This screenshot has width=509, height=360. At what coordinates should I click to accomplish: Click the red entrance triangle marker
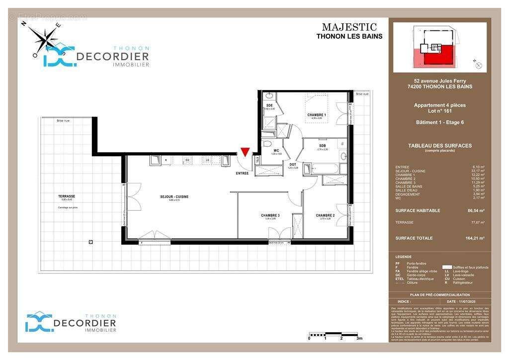click(244, 153)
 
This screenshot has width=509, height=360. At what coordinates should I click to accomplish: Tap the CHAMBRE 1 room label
click(317, 115)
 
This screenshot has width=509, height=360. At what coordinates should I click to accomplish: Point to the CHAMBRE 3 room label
click(270, 215)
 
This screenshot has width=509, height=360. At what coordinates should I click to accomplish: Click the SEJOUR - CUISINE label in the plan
click(174, 197)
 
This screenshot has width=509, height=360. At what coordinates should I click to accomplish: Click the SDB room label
click(323, 145)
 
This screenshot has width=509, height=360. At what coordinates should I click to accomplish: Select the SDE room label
click(269, 105)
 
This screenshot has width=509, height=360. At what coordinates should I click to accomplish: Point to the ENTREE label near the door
click(243, 173)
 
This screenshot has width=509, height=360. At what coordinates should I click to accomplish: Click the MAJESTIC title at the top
click(349, 27)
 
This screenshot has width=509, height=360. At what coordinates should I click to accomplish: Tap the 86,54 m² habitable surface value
click(475, 211)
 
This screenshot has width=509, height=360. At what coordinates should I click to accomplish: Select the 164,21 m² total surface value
click(474, 238)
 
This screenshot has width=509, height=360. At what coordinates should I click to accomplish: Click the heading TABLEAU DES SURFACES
click(439, 146)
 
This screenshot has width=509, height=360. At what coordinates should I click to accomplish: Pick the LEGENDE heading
click(404, 257)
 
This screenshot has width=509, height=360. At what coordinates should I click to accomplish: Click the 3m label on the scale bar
click(359, 338)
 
